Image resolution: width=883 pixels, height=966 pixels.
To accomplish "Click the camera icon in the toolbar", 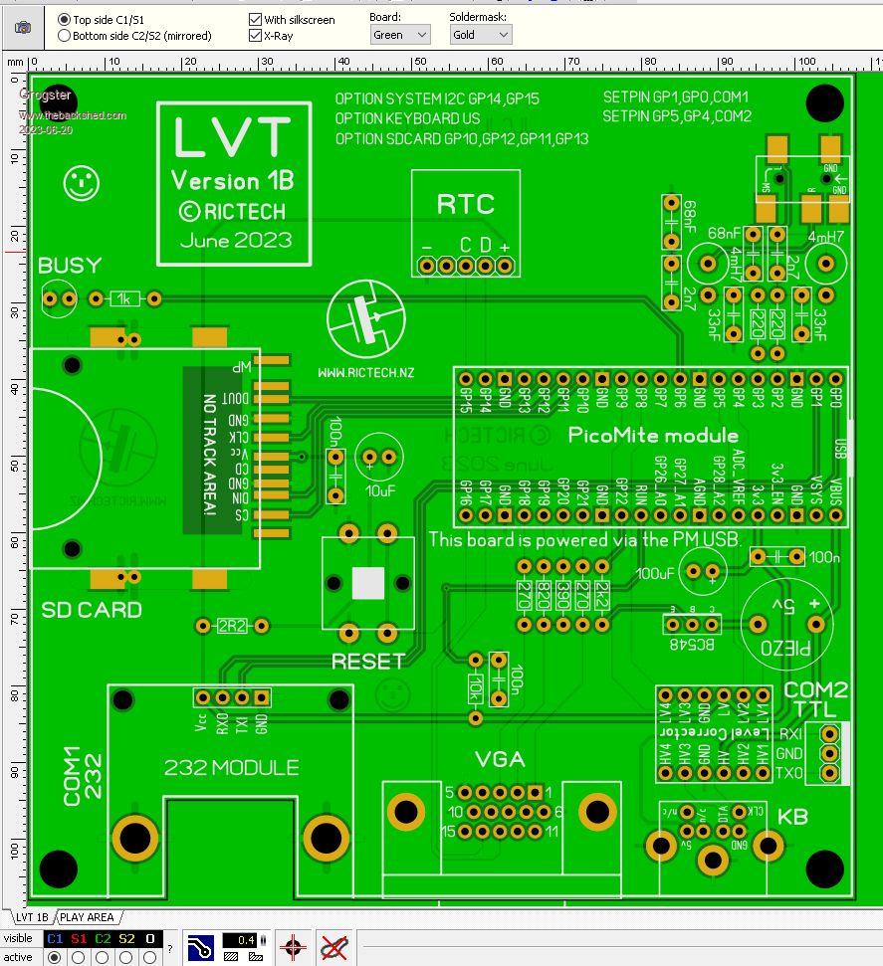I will tap(22, 27).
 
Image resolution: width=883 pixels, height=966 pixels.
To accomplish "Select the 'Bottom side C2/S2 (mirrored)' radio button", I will tap(65, 36).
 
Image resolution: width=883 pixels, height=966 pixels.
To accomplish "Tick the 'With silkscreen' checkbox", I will tap(256, 19).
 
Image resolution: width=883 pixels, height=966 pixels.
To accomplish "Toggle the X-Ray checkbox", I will tap(256, 36).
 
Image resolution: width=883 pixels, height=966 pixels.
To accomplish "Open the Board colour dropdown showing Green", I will tap(399, 35).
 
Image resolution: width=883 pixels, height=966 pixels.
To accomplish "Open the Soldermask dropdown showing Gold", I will tap(480, 35).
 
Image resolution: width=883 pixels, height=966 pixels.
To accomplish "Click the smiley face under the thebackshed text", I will tap(82, 183).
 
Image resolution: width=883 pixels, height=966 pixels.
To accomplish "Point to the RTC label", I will tap(465, 205).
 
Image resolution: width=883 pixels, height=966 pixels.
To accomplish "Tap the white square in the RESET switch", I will tap(368, 584).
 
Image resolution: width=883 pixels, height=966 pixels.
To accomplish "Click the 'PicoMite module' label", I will tap(653, 435).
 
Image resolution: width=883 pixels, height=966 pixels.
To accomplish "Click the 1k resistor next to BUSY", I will tap(125, 298).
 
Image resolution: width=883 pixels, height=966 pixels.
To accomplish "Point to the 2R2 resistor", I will tap(232, 626).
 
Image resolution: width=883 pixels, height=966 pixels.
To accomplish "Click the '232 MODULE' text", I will tap(231, 767).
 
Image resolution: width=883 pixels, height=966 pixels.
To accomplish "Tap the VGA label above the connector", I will tap(499, 759).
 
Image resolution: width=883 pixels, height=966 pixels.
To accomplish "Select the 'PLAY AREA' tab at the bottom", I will tap(87, 917).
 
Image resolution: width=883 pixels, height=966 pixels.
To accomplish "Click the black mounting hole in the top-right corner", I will tap(824, 100).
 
